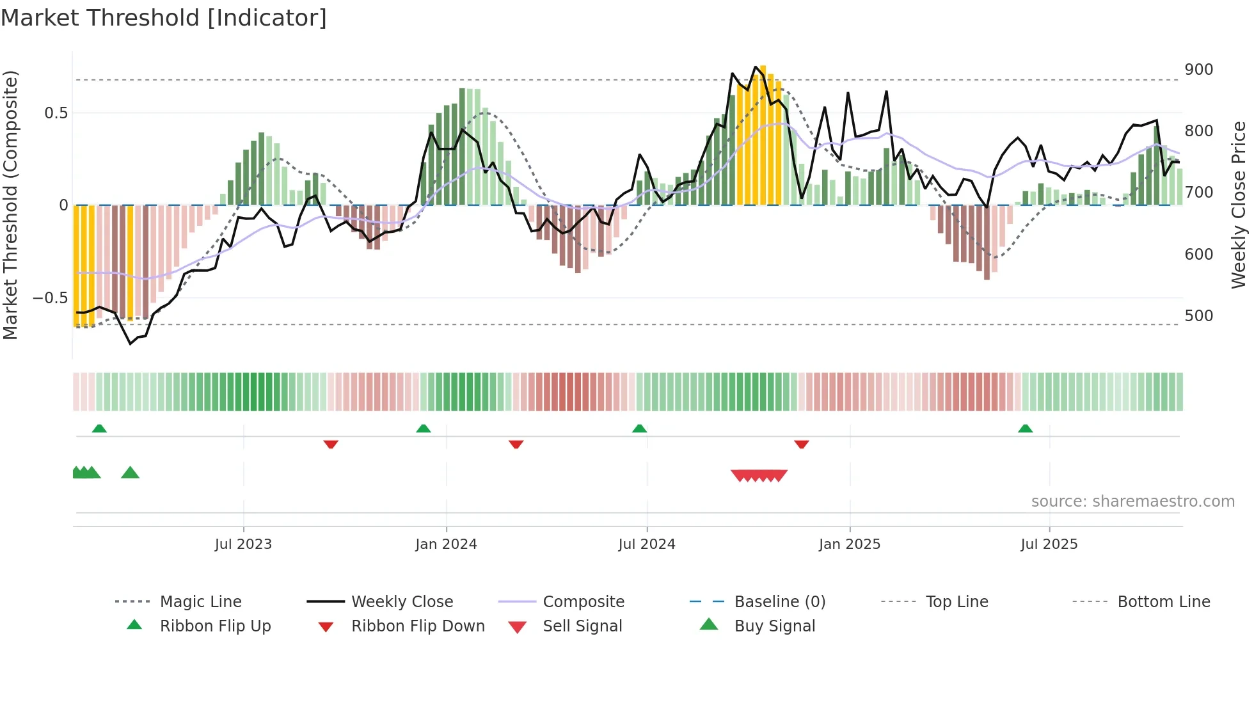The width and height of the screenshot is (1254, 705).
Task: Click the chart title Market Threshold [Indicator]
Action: pos(164,18)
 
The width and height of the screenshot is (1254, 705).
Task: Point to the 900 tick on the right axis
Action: pos(1198,70)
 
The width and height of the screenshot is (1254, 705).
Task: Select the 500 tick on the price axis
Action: pos(1198,316)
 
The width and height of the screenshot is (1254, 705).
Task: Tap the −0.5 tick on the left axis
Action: pos(50,298)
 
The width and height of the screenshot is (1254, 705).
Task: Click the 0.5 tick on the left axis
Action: pos(56,113)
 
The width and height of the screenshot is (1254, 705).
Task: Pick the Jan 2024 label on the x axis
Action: pos(446,544)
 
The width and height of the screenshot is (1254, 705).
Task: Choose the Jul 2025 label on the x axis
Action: pos(1049,544)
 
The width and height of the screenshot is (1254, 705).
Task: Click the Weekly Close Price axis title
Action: pos(1239,205)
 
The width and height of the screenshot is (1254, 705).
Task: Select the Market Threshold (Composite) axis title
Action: pos(10,205)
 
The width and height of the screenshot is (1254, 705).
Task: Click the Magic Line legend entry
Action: pos(200,602)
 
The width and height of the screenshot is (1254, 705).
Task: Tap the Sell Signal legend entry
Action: pos(582,626)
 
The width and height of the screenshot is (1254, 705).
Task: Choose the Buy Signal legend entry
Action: pos(774,626)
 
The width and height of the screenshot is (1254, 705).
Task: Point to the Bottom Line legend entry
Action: pos(1163,602)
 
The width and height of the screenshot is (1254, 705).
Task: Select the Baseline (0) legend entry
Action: pos(779,602)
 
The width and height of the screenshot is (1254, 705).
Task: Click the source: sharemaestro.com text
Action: pos(1132,502)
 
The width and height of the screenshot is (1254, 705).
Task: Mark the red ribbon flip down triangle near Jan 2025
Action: pos(801,444)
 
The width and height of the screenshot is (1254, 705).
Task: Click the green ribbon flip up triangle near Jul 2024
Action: pos(639,429)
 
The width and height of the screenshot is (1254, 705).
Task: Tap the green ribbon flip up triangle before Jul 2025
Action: pos(1025,429)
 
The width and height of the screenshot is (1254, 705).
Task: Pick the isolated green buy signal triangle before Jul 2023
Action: pos(130,473)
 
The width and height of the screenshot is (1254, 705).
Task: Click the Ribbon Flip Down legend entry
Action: pos(417,626)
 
